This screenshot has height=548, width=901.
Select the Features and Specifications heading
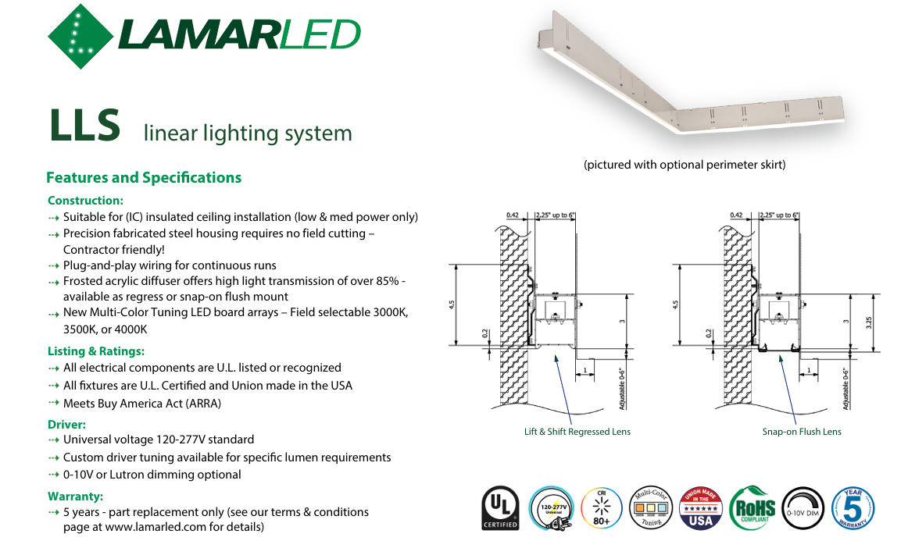coord(144,178)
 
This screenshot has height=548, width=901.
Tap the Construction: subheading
coord(85,201)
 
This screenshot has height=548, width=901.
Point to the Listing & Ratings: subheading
coord(96,351)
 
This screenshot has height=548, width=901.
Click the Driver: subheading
coord(66,425)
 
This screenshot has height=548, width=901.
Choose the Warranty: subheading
coord(75,496)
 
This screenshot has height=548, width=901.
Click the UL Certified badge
coord(500,509)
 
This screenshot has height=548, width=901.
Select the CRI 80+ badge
coord(602,509)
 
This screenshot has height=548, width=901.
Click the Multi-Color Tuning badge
coord(651,509)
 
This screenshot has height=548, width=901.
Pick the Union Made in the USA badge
coord(701,509)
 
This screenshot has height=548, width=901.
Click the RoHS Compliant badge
coord(752,509)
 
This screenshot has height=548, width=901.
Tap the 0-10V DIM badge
coord(802,509)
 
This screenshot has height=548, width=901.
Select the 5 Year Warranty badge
coord(853,509)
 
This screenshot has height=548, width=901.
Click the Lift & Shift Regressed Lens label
coord(577,432)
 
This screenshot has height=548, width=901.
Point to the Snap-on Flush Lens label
coord(802,432)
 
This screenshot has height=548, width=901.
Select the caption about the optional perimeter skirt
coord(685,165)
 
